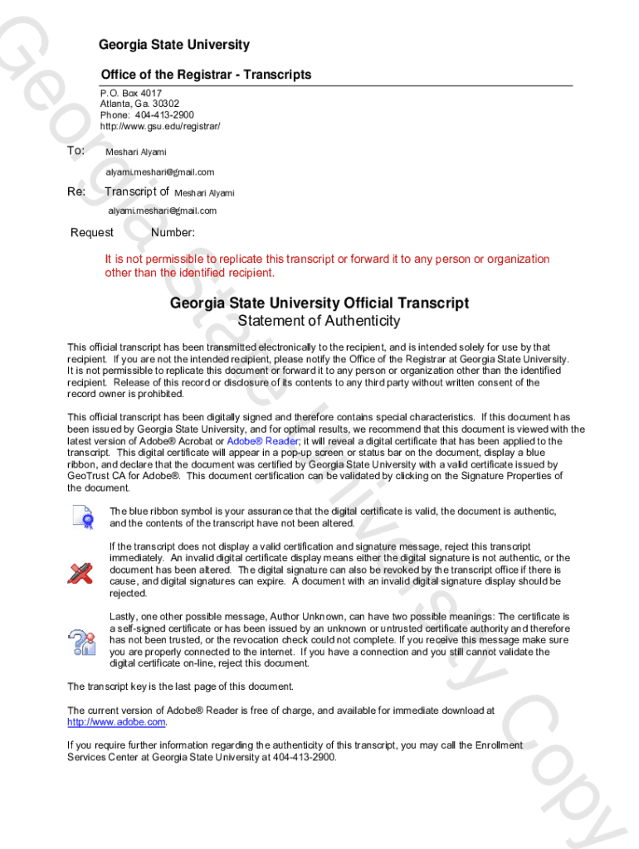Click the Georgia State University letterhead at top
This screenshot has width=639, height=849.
pyautogui.click(x=173, y=45)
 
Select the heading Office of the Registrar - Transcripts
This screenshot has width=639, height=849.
pyautogui.click(x=206, y=75)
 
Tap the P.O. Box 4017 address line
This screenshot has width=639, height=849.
pyautogui.click(x=131, y=93)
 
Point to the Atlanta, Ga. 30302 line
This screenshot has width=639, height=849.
pyautogui.click(x=139, y=104)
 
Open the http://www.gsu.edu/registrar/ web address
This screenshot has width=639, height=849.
pyautogui.click(x=160, y=127)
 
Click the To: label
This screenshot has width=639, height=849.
pyautogui.click(x=76, y=151)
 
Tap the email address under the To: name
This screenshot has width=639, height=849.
pyautogui.click(x=159, y=172)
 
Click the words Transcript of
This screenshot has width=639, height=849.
pyautogui.click(x=137, y=192)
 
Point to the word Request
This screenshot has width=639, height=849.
pyautogui.click(x=92, y=233)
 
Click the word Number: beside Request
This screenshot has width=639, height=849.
pyautogui.click(x=173, y=233)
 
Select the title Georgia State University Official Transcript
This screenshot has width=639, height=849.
pyautogui.click(x=319, y=303)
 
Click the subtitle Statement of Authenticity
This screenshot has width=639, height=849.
pyautogui.click(x=319, y=321)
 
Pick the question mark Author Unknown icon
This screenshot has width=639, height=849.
pyautogui.click(x=82, y=641)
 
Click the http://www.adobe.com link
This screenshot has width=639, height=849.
pyautogui.click(x=117, y=722)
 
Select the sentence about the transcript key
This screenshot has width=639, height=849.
pyautogui.click(x=180, y=686)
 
